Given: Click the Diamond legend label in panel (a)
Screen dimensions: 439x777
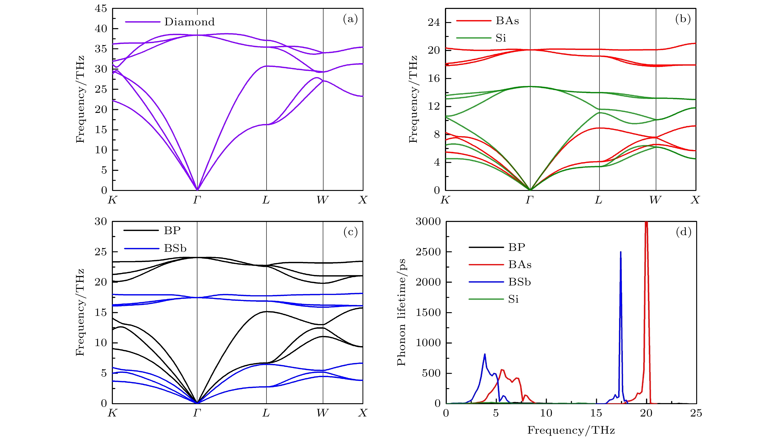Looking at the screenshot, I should tap(189, 22).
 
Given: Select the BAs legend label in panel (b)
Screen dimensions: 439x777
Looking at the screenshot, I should tap(507, 21).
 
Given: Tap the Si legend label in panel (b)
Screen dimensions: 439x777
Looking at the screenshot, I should tap(501, 38).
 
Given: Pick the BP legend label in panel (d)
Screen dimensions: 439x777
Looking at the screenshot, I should tap(517, 247).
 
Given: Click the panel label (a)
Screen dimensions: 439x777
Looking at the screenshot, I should tap(350, 19).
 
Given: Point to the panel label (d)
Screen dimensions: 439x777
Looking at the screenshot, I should tap(683, 232).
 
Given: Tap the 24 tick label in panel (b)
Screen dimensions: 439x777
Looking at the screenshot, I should tap(434, 22).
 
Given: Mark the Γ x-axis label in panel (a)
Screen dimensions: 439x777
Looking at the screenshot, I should tap(197, 200).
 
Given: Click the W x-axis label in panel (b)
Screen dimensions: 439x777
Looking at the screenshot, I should tap(655, 200).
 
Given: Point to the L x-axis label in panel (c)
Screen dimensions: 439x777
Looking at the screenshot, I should tap(266, 413).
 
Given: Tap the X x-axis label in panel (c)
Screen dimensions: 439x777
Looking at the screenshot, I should tap(362, 413).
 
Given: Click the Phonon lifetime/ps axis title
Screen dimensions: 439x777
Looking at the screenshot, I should tap(402, 312).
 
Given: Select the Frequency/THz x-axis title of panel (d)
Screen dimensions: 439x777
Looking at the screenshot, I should tap(571, 430).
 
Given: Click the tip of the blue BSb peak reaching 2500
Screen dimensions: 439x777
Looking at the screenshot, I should tap(620, 252).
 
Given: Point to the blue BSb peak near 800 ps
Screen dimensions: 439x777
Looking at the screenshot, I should tap(485, 354).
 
